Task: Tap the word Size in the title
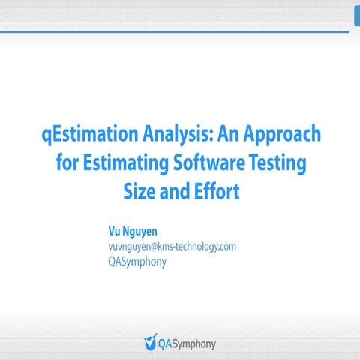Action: [x=139, y=191]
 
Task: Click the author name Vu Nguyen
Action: [x=133, y=231]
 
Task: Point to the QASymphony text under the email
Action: [x=137, y=262]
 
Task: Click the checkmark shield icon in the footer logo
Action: [x=151, y=343]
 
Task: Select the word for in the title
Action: [x=69, y=163]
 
